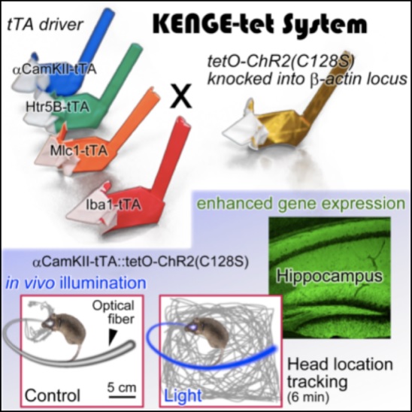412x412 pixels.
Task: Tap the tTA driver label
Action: [44, 25]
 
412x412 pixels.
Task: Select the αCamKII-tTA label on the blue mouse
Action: [55, 70]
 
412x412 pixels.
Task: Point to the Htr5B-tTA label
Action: [57, 108]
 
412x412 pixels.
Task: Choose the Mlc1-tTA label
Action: [79, 150]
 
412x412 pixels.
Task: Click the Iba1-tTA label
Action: [114, 205]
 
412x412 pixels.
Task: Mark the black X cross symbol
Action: [180, 96]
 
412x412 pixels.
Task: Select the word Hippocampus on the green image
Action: [329, 277]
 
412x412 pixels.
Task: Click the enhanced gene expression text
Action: [301, 204]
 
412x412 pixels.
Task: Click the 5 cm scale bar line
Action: [122, 397]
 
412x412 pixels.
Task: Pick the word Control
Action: [53, 395]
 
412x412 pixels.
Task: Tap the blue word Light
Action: [183, 395]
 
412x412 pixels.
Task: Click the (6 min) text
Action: [308, 398]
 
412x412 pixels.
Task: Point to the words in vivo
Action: [30, 283]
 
